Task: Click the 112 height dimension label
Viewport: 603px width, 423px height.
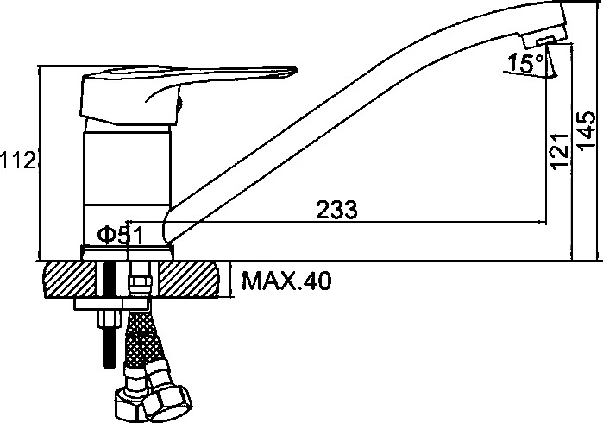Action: tap(18, 160)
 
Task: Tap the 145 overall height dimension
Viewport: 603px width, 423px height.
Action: tap(587, 130)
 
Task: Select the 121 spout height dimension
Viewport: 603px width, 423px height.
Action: tap(560, 151)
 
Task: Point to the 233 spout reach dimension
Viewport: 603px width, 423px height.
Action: tap(337, 210)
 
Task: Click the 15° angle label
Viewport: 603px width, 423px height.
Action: tap(525, 63)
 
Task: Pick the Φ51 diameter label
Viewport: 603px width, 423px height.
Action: tap(121, 236)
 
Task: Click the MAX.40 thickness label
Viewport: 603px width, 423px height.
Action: tap(286, 281)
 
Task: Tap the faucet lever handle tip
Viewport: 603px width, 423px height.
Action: tap(294, 71)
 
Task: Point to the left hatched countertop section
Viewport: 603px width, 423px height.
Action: tap(69, 280)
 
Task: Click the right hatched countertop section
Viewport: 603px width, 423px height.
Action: tap(189, 280)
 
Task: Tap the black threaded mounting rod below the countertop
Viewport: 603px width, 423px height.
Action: tap(110, 346)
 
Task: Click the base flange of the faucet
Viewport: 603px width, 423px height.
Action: tap(128, 252)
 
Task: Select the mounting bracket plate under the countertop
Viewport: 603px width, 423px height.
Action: tap(111, 304)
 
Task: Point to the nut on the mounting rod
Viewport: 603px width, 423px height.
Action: tap(110, 318)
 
